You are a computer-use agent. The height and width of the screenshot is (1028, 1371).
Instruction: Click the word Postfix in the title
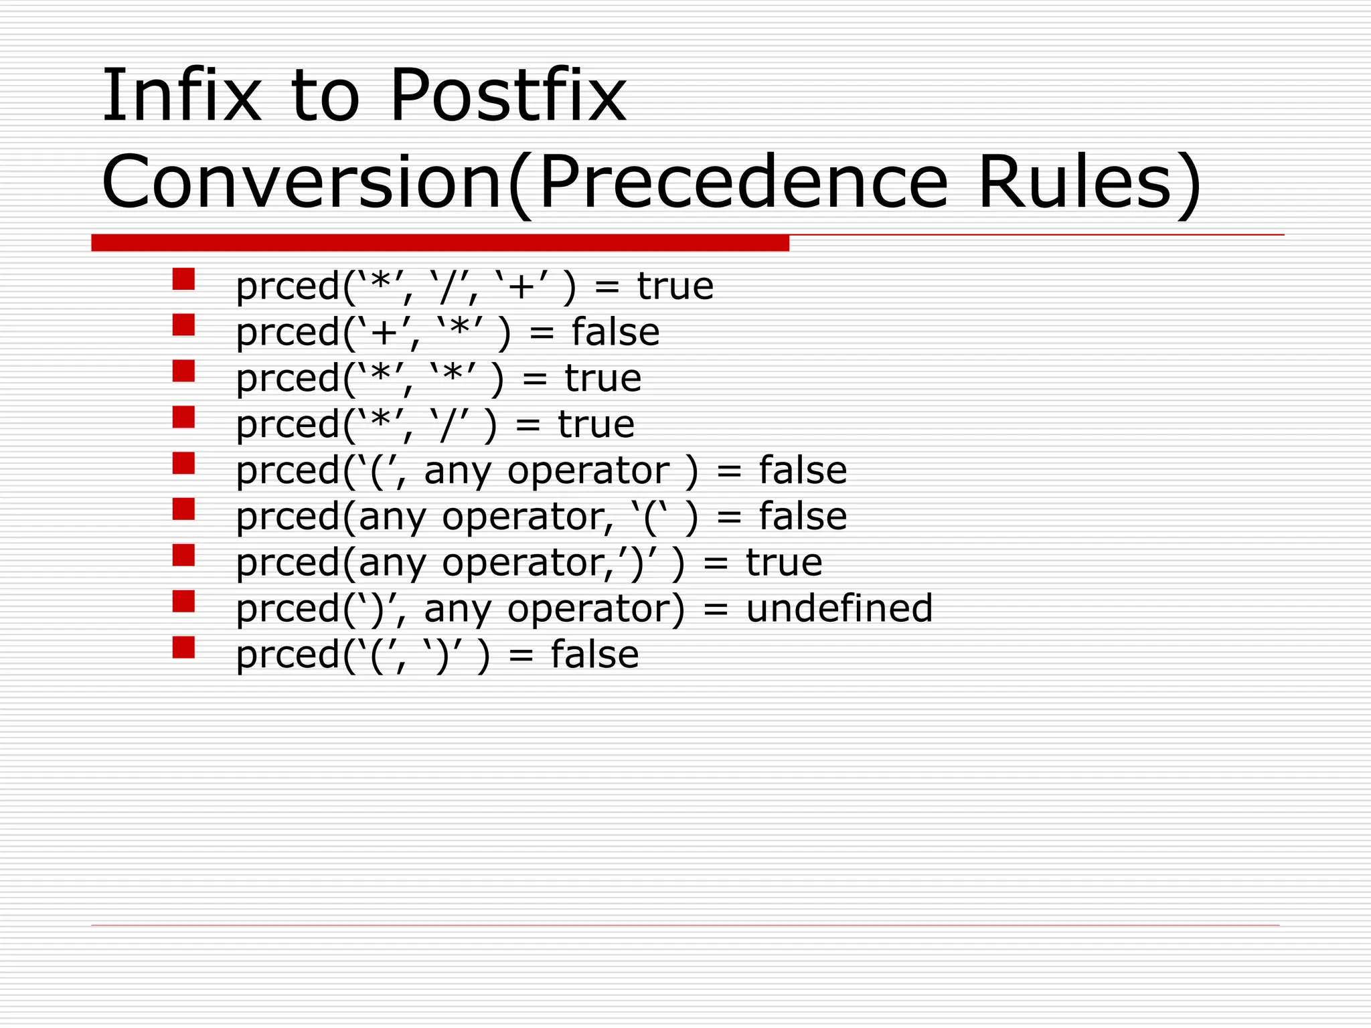[507, 96]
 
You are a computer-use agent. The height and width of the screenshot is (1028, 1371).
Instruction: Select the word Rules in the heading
[1074, 182]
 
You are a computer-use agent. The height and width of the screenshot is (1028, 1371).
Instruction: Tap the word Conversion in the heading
[301, 182]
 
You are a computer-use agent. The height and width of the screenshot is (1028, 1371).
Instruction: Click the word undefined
[839, 608]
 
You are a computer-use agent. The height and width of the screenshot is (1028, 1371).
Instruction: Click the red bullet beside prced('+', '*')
[183, 325]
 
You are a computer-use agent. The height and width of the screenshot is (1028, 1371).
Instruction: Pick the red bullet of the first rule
[183, 279]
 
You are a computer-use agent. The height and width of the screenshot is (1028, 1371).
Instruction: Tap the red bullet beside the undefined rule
[183, 601]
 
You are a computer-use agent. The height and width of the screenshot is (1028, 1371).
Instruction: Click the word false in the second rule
[615, 333]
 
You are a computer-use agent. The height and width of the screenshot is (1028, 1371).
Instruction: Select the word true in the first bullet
[675, 286]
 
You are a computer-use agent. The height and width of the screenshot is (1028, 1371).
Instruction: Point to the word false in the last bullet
[594, 655]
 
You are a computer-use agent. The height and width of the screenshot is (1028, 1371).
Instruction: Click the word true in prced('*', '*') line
[602, 379]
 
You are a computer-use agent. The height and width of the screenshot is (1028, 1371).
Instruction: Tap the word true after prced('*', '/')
[596, 425]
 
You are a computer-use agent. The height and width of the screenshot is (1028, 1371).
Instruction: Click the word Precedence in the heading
[743, 182]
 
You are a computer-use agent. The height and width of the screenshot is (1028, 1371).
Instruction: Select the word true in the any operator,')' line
[784, 563]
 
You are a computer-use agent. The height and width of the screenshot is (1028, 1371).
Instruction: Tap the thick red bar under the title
[440, 243]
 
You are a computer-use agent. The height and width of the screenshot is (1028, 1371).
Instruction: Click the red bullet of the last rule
[183, 647]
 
